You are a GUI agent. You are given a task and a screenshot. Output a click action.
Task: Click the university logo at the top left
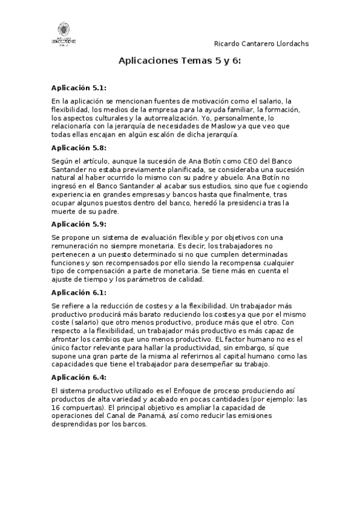[x=63, y=33]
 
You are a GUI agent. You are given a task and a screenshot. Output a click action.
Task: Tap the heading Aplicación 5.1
[x=79, y=88]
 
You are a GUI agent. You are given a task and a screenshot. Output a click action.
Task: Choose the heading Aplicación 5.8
[x=79, y=147]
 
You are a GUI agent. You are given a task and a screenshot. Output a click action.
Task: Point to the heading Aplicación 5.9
[x=79, y=224]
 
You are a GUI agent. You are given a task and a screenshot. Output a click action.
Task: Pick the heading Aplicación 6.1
[x=79, y=292]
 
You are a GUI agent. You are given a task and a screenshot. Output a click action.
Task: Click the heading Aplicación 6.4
[x=79, y=377]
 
